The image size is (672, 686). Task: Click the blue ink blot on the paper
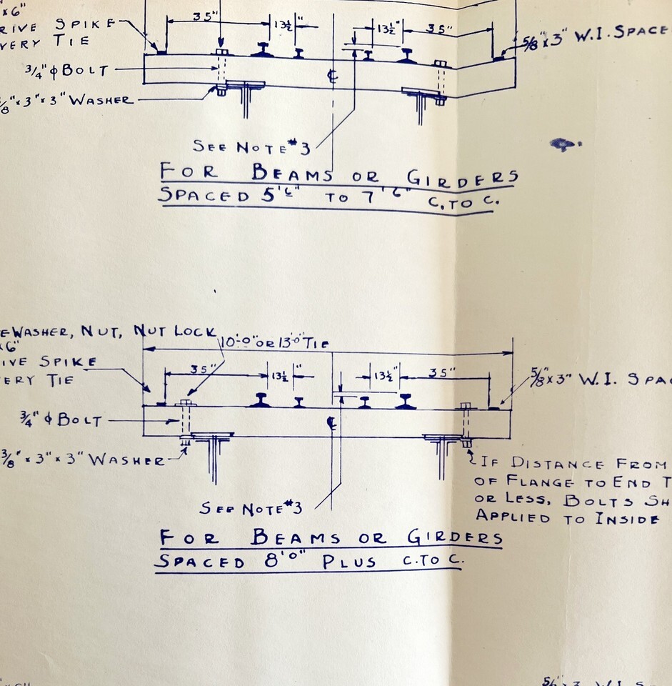[564, 144]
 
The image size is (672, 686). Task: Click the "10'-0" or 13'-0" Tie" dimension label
[276, 342]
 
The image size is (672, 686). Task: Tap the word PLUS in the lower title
[348, 561]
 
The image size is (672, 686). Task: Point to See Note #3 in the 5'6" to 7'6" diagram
[251, 146]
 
